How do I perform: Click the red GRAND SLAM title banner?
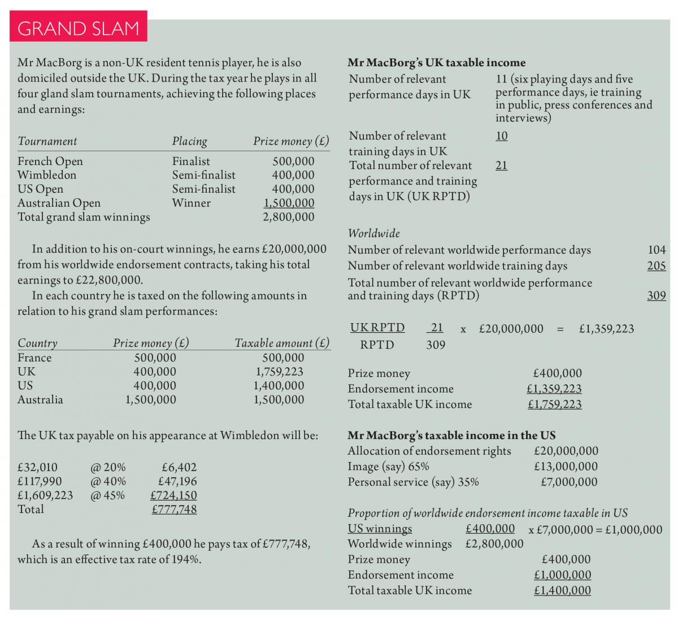pyautogui.click(x=79, y=28)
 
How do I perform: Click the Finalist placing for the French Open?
pyautogui.click(x=191, y=162)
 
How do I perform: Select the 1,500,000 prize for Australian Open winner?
pyautogui.click(x=289, y=203)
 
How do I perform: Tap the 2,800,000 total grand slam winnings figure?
pyautogui.click(x=289, y=217)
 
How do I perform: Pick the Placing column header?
pyautogui.click(x=189, y=141)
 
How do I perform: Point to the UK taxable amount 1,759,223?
pyautogui.click(x=279, y=372)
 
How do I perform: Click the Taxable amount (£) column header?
pyautogui.click(x=281, y=343)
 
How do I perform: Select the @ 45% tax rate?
pyautogui.click(x=108, y=495)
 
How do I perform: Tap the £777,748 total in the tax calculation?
pyautogui.click(x=174, y=510)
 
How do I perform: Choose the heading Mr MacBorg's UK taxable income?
pyautogui.click(x=436, y=63)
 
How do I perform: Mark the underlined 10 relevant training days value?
pyautogui.click(x=501, y=136)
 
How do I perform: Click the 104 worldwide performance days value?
pyautogui.click(x=657, y=250)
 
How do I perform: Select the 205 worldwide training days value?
pyautogui.click(x=657, y=266)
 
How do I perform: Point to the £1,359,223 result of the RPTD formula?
pyautogui.click(x=606, y=329)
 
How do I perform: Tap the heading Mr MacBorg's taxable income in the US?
pyautogui.click(x=451, y=436)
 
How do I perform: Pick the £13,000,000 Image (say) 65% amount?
pyautogui.click(x=566, y=467)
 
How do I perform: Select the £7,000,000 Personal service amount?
pyautogui.click(x=568, y=482)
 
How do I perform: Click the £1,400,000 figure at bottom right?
pyautogui.click(x=562, y=591)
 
